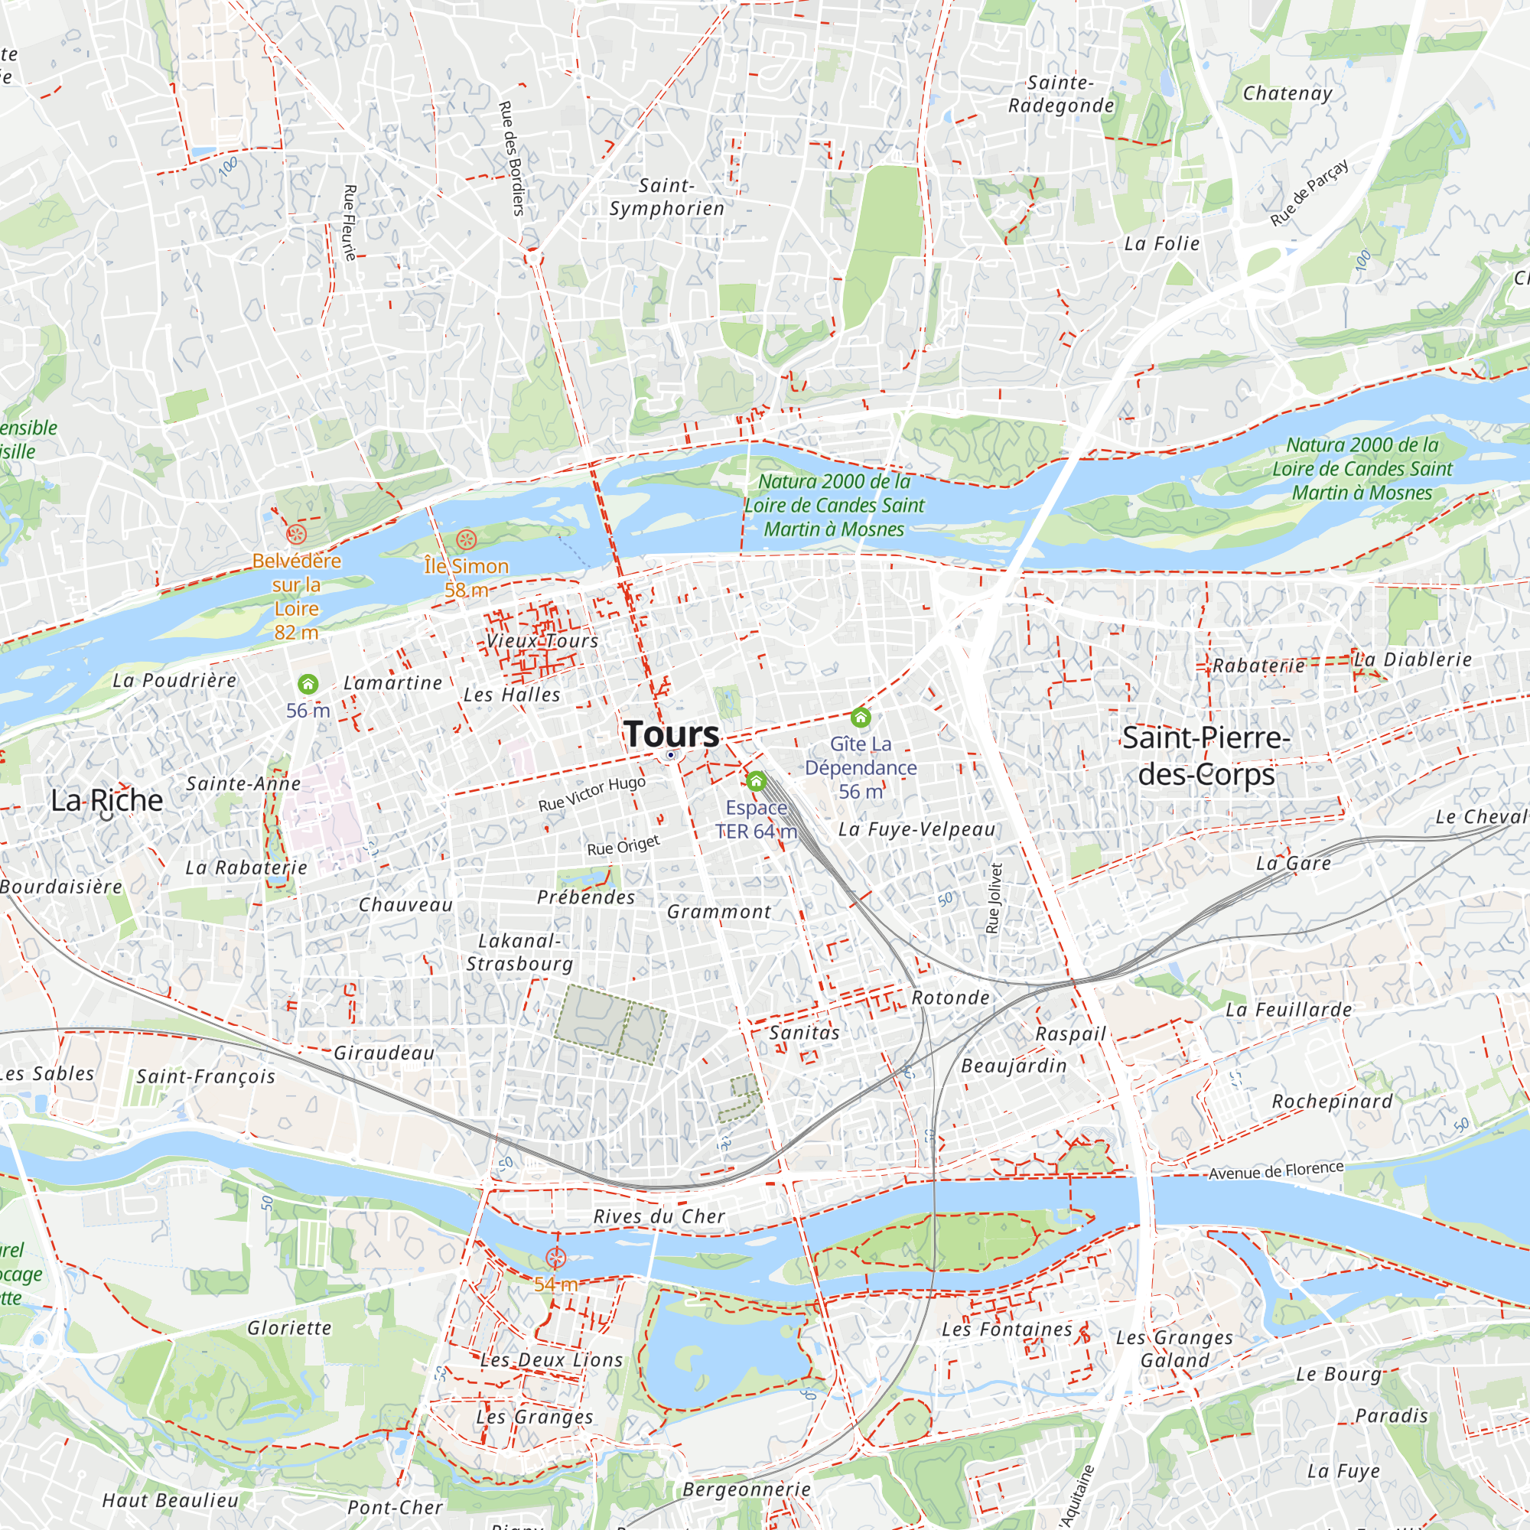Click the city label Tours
[x=672, y=734]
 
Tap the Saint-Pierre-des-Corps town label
[x=1206, y=756]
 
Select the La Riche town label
[x=107, y=800]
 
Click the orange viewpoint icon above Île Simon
[x=467, y=540]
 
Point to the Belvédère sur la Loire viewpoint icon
[x=296, y=534]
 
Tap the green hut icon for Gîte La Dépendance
[x=861, y=718]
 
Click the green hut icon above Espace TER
[x=757, y=782]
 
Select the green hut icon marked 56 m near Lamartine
[x=308, y=683]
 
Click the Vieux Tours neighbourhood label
[x=542, y=640]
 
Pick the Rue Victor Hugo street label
[x=591, y=793]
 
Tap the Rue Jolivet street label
[x=994, y=898]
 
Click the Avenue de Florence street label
[x=1276, y=1170]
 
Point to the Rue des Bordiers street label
[x=512, y=158]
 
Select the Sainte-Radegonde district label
[x=1060, y=94]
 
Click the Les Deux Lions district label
[x=552, y=1359]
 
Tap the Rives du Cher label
[x=659, y=1216]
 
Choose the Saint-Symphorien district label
[x=667, y=197]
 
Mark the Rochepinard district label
[x=1332, y=1101]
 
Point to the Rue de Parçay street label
[x=1309, y=193]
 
